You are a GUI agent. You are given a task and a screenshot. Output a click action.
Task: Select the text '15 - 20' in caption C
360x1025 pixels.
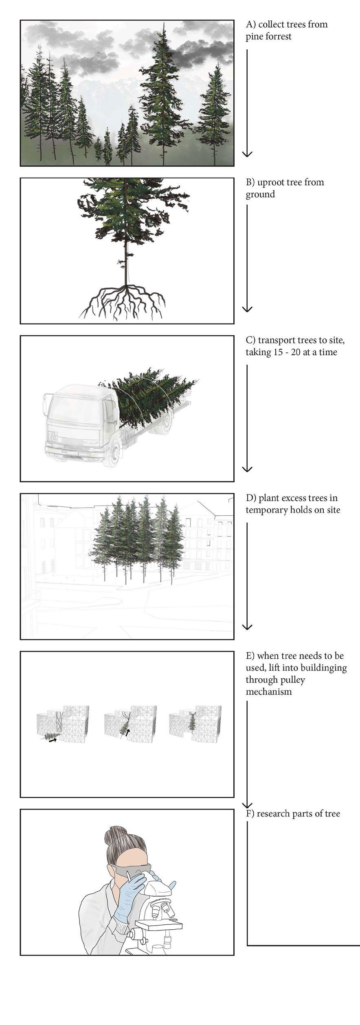[285, 352]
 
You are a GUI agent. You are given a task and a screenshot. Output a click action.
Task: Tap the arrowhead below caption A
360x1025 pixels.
[247, 154]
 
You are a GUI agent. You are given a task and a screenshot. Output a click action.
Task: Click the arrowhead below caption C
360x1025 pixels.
[247, 469]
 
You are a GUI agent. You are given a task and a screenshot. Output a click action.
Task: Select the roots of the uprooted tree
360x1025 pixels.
[123, 302]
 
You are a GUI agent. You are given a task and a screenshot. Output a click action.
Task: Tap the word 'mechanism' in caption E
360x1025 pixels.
[268, 692]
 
